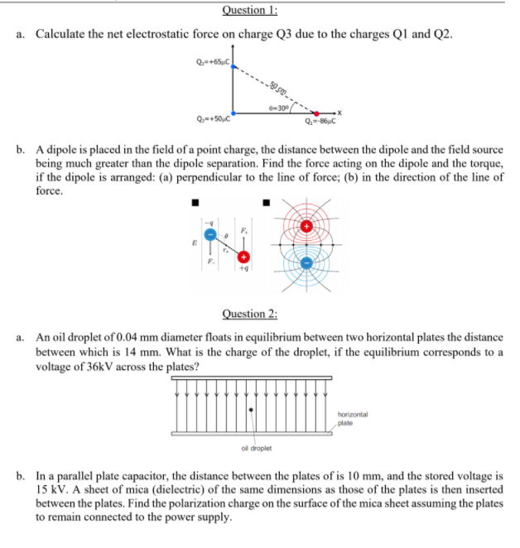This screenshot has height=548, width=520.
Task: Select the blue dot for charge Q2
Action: coord(234,113)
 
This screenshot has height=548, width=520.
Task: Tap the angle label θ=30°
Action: coord(277,107)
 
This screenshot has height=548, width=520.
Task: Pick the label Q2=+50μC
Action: coord(211,120)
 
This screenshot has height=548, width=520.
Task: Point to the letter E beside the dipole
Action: coord(195,244)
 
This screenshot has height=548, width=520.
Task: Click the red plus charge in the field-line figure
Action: coord(306,226)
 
